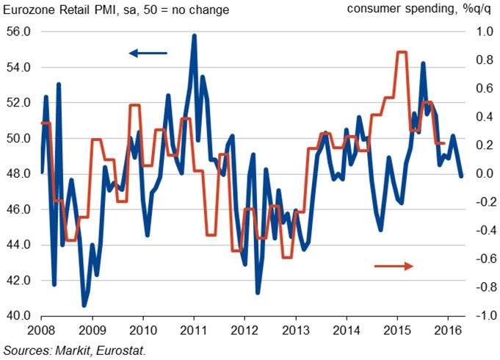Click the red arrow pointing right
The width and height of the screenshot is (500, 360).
pos(394,265)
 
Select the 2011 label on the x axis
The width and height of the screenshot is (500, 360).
pos(193,331)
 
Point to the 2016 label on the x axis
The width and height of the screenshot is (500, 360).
pos(447,331)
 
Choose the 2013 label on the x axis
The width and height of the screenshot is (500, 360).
pos(294,331)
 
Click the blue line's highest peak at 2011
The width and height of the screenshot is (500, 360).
pos(194,35)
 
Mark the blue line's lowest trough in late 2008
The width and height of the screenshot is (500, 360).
pos(84,304)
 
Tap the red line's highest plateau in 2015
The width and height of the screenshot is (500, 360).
pos(402,52)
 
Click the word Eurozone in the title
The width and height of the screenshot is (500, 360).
pos(30,10)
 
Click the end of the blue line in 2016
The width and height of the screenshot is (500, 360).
pos(461,176)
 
